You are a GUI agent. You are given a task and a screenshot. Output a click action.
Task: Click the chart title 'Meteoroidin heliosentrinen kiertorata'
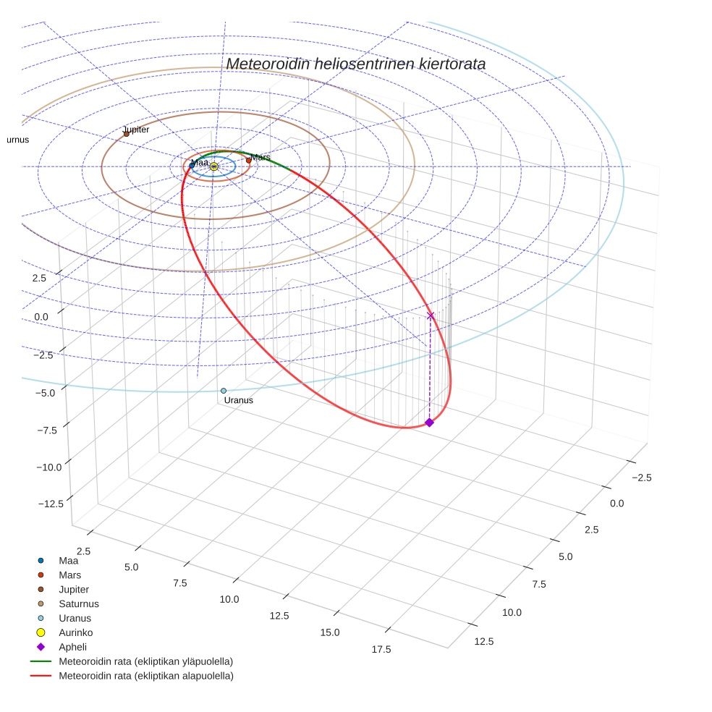pyautogui.click(x=355, y=64)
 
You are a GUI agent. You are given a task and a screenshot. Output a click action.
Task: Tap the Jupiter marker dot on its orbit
pyautogui.click(x=126, y=134)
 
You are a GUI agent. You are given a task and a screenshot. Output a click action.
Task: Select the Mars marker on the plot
pyautogui.click(x=248, y=160)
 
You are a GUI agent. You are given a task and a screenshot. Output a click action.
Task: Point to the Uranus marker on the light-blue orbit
pyautogui.click(x=224, y=391)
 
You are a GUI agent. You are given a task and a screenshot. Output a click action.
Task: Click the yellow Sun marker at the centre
pyautogui.click(x=214, y=166)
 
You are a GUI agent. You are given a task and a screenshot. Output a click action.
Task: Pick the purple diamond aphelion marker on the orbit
pyautogui.click(x=429, y=423)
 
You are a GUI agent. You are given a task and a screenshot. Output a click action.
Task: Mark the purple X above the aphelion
pyautogui.click(x=431, y=315)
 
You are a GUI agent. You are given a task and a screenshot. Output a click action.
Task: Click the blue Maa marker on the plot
pyautogui.click(x=192, y=165)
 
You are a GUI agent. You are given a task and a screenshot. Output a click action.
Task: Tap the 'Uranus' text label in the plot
pyautogui.click(x=239, y=400)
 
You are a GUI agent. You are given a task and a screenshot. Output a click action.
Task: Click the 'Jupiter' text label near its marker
pyautogui.click(x=136, y=130)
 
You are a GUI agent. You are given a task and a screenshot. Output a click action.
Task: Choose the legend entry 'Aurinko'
pyautogui.click(x=75, y=632)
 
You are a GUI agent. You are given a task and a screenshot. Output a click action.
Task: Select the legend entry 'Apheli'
pyautogui.click(x=72, y=647)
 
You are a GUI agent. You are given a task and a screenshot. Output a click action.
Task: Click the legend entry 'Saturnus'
pyautogui.click(x=79, y=603)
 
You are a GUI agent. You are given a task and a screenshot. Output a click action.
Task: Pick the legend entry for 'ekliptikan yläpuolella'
pyautogui.click(x=145, y=661)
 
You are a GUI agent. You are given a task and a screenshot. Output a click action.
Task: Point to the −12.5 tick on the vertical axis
pyautogui.click(x=49, y=503)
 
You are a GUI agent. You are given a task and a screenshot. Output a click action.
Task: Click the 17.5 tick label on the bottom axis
pyautogui.click(x=381, y=649)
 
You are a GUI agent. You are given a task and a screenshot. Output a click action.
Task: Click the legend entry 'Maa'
pyautogui.click(x=68, y=560)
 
